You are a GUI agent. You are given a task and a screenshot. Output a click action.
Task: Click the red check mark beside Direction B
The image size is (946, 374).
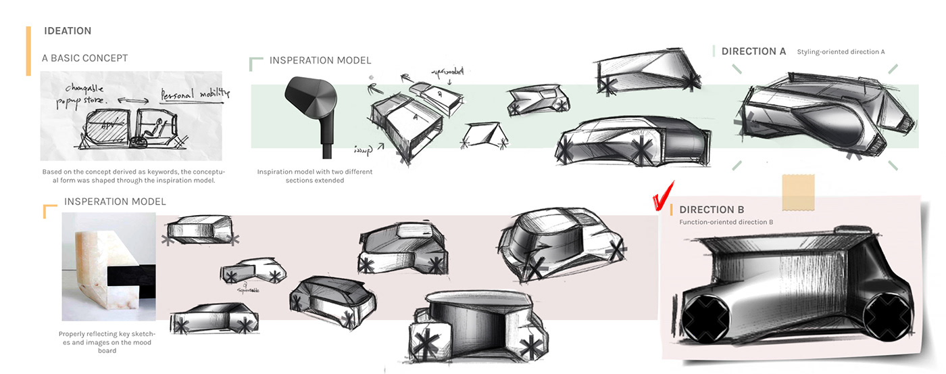click(x=659, y=201)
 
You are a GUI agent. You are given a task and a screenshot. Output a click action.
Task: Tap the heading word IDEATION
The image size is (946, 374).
click(x=68, y=31)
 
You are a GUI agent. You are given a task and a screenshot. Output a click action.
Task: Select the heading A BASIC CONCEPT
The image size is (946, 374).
click(x=84, y=58)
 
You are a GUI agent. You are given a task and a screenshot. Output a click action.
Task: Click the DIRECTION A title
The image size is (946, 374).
click(x=753, y=51)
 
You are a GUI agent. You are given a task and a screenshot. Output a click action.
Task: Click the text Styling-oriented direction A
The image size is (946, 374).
click(x=841, y=52)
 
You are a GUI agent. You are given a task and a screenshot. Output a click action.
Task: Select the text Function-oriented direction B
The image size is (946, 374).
click(x=726, y=223)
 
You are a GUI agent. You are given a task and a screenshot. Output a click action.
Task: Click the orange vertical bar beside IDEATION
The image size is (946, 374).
click(x=28, y=51)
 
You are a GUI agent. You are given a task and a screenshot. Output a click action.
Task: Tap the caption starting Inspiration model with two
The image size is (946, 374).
click(x=314, y=176)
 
